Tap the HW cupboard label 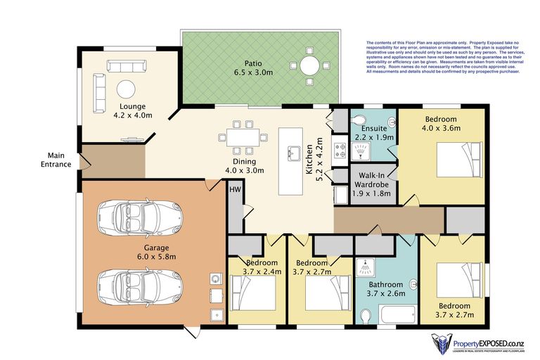coord(235,188)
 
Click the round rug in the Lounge coord(125,89)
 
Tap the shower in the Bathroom coord(365,266)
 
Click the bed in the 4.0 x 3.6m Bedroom coord(458,154)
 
